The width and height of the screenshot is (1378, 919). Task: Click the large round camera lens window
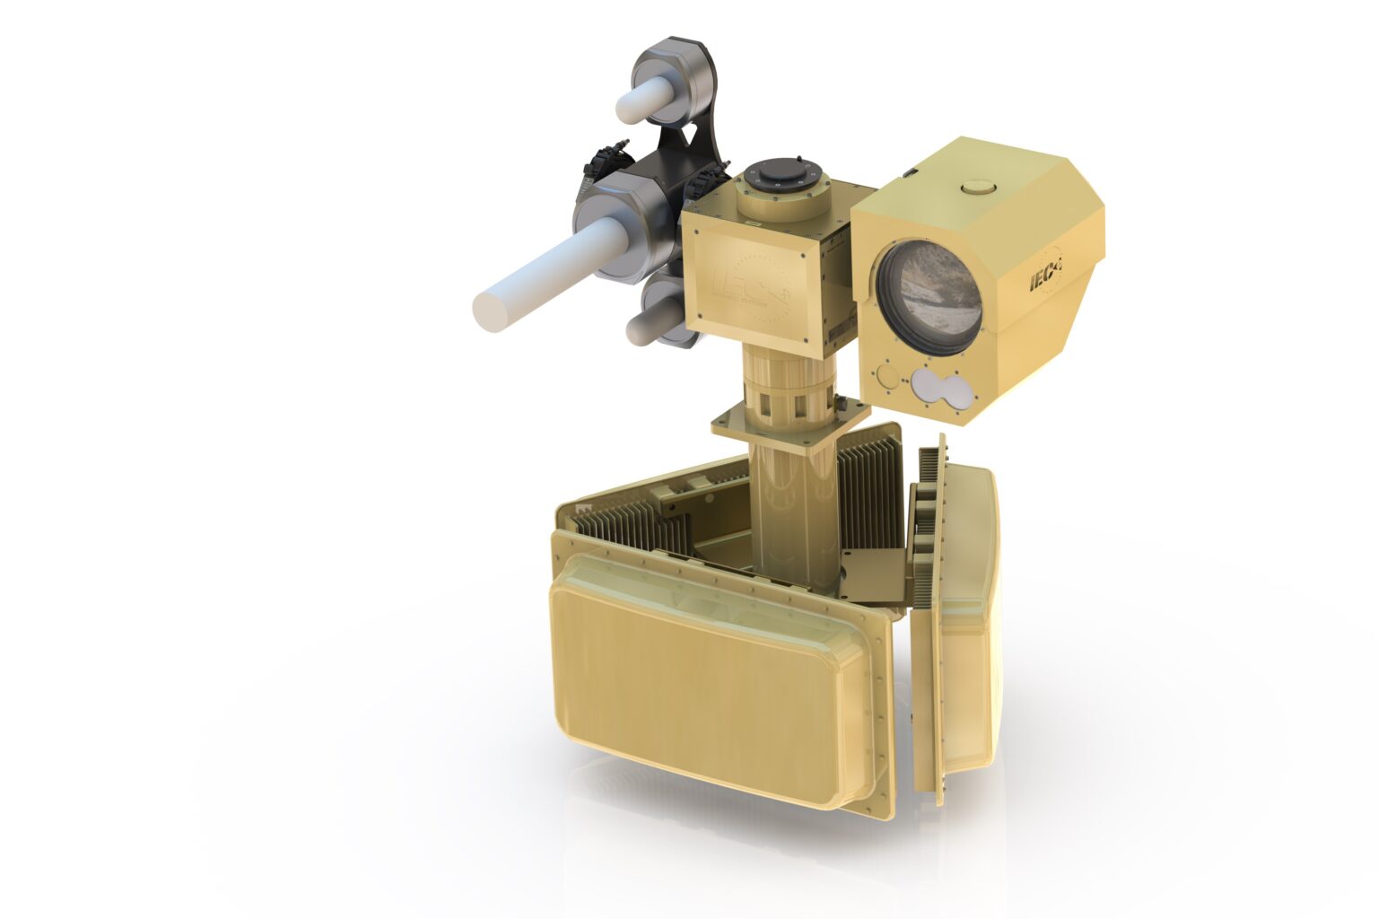coord(929,296)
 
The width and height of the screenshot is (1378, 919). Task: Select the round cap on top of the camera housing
coord(976,187)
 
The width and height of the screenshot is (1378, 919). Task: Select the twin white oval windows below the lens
coord(938,388)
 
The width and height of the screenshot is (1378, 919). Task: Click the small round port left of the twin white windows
coord(886,374)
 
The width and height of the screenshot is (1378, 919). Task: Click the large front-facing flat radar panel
coord(700,682)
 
